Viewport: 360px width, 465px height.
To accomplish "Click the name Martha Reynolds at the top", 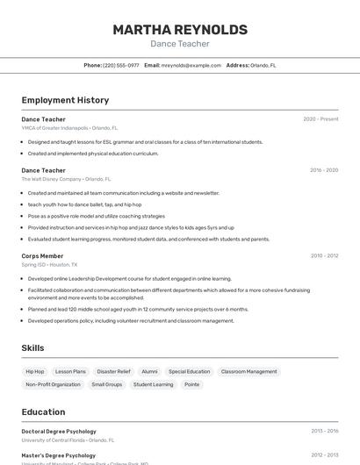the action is click(x=180, y=30).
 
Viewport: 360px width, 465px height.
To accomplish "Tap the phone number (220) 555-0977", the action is click(x=121, y=65).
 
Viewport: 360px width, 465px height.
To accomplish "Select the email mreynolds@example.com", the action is click(x=191, y=65).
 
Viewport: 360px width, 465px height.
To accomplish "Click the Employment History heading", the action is click(x=65, y=100).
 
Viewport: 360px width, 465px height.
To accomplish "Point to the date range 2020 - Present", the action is click(x=320, y=119).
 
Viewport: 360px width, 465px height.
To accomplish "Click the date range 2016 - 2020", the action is click(x=324, y=170).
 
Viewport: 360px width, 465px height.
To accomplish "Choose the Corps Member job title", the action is click(x=42, y=256).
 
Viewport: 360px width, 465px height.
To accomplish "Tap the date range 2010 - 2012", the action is click(x=324, y=256).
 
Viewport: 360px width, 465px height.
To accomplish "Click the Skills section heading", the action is click(x=32, y=348).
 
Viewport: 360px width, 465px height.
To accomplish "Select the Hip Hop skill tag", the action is click(x=35, y=371).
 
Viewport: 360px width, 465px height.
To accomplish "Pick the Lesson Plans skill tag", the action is click(x=70, y=371).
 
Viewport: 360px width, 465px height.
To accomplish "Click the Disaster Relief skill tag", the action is click(x=113, y=371).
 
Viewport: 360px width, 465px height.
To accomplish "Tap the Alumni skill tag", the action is click(x=149, y=371).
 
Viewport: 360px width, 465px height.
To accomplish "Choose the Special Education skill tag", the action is click(x=190, y=371).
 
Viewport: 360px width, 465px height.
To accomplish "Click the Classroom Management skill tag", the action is click(x=248, y=371).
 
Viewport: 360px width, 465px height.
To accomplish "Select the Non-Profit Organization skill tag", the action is click(x=53, y=384).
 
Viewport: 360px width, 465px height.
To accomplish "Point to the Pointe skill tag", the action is click(x=191, y=384).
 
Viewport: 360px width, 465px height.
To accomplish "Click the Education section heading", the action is click(x=43, y=411).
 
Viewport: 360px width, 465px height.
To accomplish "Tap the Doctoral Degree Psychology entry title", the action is click(x=59, y=432).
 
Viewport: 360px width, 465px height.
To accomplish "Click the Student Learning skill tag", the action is click(x=153, y=384).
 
